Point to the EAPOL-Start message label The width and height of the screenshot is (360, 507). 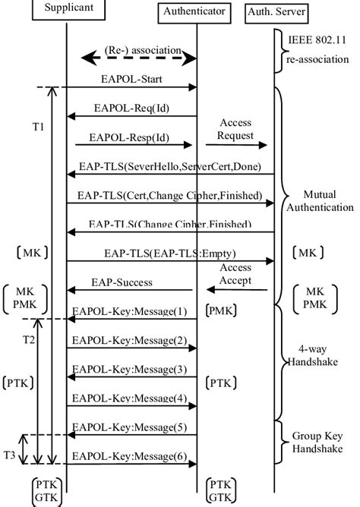pyautogui.click(x=130, y=78)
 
